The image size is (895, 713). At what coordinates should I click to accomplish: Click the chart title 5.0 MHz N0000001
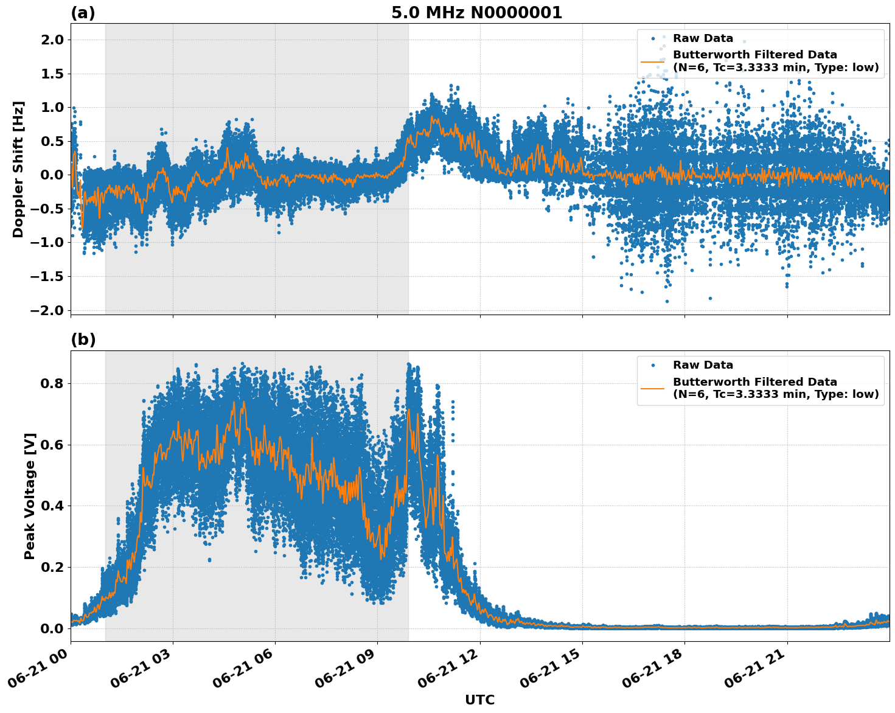pyautogui.click(x=476, y=13)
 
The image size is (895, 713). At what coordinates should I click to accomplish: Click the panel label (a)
pyautogui.click(x=83, y=13)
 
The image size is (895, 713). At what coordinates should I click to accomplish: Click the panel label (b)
pyautogui.click(x=83, y=340)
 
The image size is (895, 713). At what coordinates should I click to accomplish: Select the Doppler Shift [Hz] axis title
pyautogui.click(x=18, y=169)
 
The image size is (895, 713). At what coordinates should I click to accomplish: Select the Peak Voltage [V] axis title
pyautogui.click(x=30, y=496)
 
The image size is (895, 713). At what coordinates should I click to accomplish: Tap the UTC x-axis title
pyautogui.click(x=479, y=700)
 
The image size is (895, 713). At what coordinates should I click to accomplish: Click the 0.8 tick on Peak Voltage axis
pyautogui.click(x=54, y=383)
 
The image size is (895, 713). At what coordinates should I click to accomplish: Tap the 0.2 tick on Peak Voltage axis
pyautogui.click(x=54, y=567)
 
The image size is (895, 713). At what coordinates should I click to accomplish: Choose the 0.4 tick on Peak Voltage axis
pyautogui.click(x=54, y=506)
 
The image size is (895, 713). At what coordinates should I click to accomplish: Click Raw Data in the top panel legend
pyautogui.click(x=703, y=38)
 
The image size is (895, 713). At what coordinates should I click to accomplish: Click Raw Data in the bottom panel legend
pyautogui.click(x=703, y=365)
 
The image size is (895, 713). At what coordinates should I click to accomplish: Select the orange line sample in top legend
pyautogui.click(x=653, y=61)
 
